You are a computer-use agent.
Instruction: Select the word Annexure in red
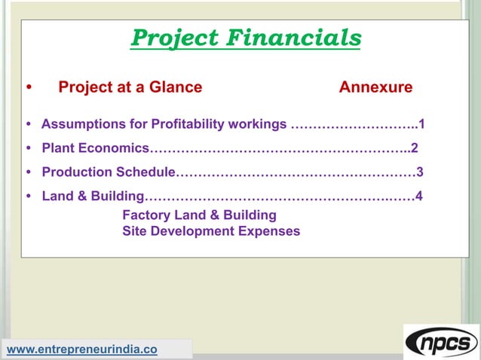coord(375,87)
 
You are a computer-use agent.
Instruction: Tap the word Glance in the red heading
coord(175,87)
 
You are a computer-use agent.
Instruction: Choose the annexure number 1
coord(422,124)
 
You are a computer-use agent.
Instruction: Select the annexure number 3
coord(420,172)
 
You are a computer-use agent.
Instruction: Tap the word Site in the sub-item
coord(134,231)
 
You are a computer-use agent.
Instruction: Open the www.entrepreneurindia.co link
coord(82,349)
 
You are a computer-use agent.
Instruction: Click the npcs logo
coord(441,343)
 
